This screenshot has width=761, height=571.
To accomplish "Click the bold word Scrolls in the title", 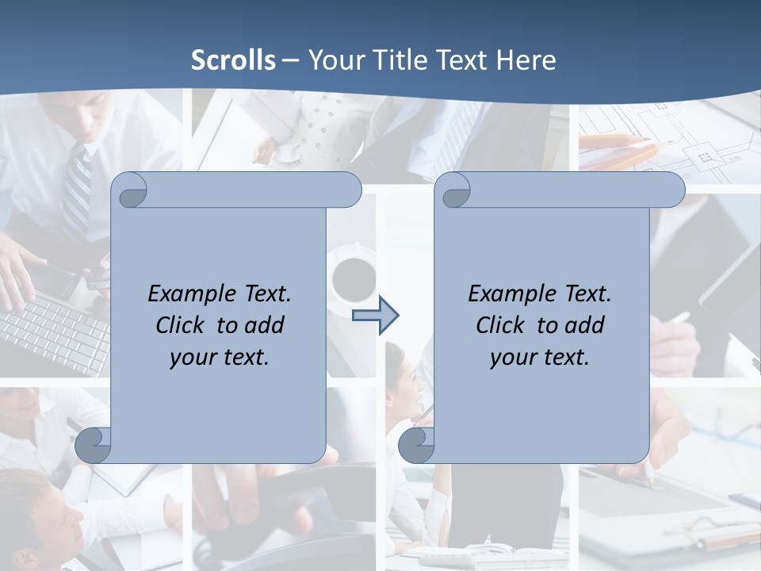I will [233, 60].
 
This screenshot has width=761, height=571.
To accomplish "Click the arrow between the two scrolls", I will [375, 316].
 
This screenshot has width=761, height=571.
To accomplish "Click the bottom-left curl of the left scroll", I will [94, 445].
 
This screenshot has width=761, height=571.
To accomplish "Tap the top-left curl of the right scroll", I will [454, 190].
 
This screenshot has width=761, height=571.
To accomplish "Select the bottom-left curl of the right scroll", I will [416, 445].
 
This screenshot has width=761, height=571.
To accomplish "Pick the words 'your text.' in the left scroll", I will [220, 357].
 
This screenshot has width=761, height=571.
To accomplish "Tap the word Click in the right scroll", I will [501, 325].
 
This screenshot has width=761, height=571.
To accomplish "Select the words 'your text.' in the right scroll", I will [540, 357].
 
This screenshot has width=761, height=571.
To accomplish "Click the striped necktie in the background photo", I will [78, 190].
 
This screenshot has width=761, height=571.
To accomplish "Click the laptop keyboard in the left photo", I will [52, 333].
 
